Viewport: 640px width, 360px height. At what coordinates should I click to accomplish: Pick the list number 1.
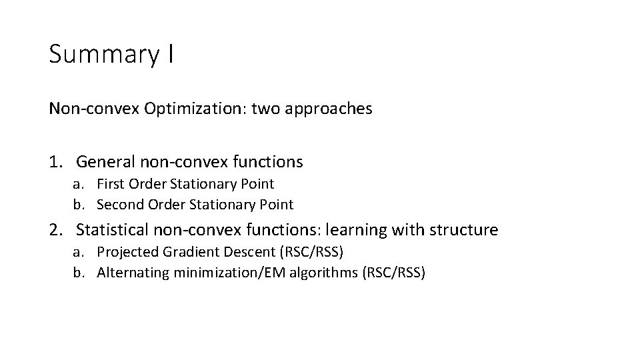click(x=56, y=161)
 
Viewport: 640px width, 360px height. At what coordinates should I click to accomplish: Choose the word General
click(x=105, y=161)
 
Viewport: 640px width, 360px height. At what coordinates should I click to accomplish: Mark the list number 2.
click(x=56, y=230)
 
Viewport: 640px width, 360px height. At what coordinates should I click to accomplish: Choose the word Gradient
click(x=183, y=252)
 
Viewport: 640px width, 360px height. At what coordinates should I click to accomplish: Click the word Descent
click(x=235, y=252)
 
